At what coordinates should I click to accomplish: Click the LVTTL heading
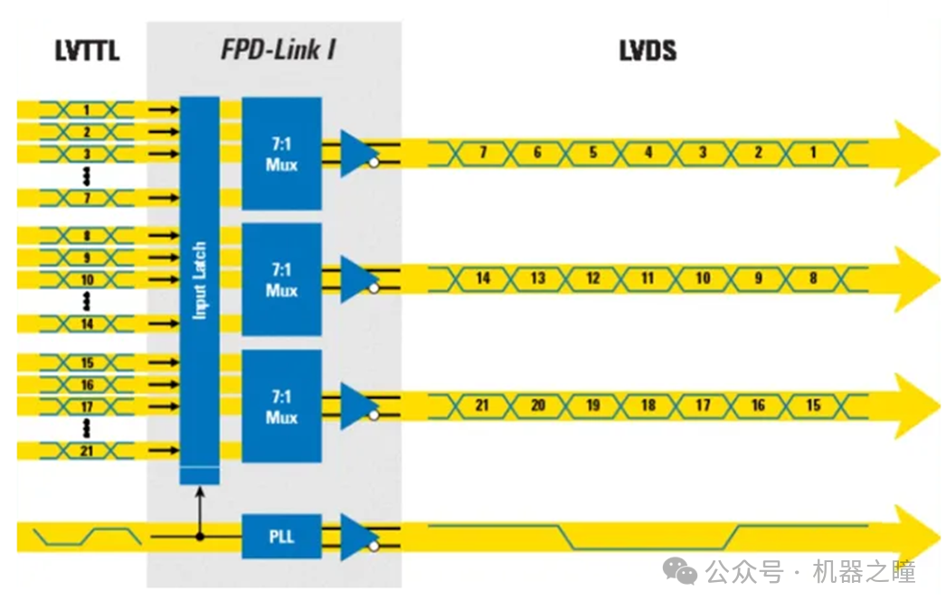[x=87, y=51]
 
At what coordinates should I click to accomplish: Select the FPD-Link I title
[x=279, y=50]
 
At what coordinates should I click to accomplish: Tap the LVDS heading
[x=648, y=51]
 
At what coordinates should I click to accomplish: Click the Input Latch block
[x=200, y=280]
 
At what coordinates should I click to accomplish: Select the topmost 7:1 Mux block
[x=281, y=154]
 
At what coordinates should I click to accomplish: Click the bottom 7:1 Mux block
[x=281, y=407]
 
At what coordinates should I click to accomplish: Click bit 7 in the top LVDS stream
[x=483, y=153]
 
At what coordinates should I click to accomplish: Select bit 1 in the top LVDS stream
[x=813, y=153]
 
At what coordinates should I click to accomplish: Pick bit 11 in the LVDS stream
[x=648, y=278]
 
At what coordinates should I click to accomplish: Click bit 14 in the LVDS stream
[x=483, y=278]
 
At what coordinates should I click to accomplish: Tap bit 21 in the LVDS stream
[x=483, y=406]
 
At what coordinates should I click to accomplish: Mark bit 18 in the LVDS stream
[x=648, y=406]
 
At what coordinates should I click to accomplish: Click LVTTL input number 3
[x=88, y=154]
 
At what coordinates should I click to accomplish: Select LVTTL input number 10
[x=88, y=280]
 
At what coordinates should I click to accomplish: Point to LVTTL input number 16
[x=88, y=385]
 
